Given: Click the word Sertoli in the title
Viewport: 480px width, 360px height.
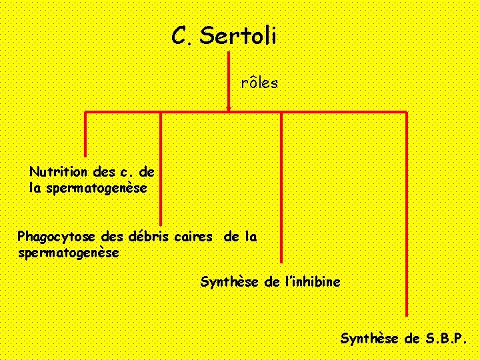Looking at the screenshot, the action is [237, 36].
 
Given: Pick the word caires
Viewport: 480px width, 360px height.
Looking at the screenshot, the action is [194, 237].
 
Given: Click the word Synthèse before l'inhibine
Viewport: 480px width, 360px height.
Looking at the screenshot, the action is [231, 282].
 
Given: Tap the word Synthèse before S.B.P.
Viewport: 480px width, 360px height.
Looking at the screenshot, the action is [371, 339].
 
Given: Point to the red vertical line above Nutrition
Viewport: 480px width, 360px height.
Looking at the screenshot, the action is [86, 133].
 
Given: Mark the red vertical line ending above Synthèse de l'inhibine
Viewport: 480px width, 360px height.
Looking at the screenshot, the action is [281, 187].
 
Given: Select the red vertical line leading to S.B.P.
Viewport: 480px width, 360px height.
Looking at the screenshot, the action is [406, 213].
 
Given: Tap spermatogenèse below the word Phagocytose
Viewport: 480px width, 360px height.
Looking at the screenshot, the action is [69, 253].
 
